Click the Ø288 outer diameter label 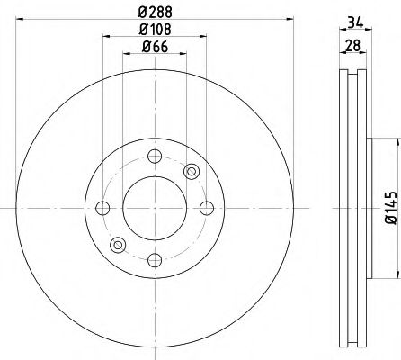pos(156,12)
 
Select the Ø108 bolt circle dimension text pos(156,31)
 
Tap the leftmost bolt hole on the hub pos(102,209)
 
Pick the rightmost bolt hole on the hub pos(207,209)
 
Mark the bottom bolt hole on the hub pos(155,261)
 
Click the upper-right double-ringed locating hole pos(191,171)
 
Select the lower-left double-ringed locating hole pos(118,246)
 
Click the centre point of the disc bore pos(155,209)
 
